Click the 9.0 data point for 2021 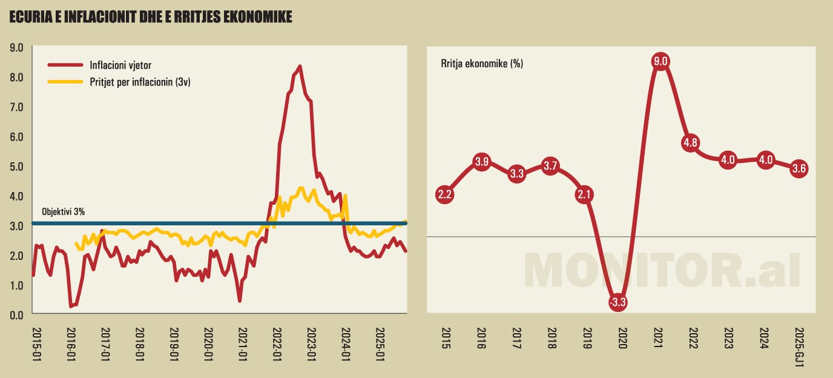(660, 61)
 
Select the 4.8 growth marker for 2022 (691, 144)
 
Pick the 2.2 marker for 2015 (445, 194)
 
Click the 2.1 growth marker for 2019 (585, 194)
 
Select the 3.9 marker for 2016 (481, 162)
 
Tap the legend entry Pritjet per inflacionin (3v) (140, 81)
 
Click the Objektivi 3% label (62, 212)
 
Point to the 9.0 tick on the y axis (16, 47)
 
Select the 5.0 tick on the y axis (16, 166)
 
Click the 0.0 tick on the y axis (16, 314)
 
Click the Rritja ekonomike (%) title (482, 63)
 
